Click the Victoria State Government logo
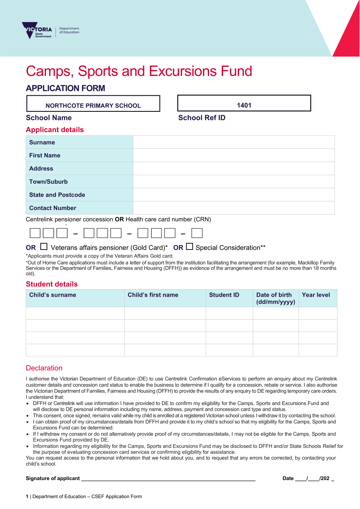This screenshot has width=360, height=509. coord(37,31)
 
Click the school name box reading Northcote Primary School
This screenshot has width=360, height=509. coord(93,104)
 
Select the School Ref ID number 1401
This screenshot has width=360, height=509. coord(244,105)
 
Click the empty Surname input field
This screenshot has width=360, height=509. coord(234,142)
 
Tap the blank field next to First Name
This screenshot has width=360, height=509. coord(234,155)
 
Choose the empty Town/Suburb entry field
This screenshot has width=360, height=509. coord(234,182)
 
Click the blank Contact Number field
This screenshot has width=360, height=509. coord(234,208)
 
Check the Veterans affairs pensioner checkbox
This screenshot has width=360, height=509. coord(44,247)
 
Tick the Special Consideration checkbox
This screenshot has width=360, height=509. coord(189,247)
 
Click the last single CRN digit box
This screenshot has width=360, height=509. coord(197,233)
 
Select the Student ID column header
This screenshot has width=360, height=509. coord(224,295)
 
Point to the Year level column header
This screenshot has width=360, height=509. coord(316,295)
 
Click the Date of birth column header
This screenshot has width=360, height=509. coord(275,298)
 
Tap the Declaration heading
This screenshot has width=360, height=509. coord(44,368)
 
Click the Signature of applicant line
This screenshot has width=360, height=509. coord(168,478)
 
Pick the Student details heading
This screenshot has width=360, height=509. coord(52,284)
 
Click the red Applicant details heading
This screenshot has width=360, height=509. coord(55,130)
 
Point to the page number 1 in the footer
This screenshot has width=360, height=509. coord(27,496)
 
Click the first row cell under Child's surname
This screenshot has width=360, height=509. coord(75,313)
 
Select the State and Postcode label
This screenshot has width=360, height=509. coord(57,195)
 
